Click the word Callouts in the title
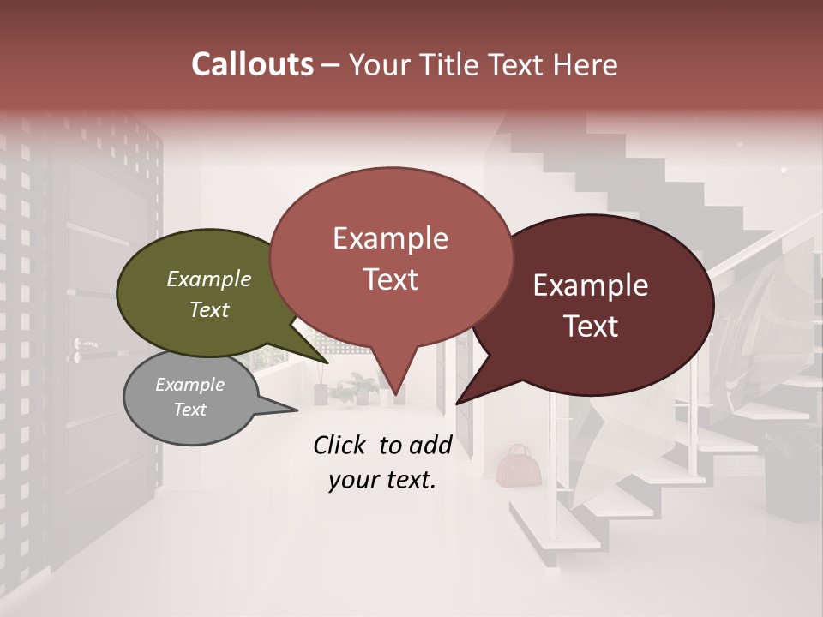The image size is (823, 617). click(252, 64)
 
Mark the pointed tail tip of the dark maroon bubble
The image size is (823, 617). click(457, 403)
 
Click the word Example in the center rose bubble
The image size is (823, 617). click(390, 238)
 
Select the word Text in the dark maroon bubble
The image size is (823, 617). click(592, 326)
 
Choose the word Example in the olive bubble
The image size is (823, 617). click(208, 279)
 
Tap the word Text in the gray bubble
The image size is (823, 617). click(189, 410)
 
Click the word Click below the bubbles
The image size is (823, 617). click(340, 445)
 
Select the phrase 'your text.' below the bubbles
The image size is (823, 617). click(381, 480)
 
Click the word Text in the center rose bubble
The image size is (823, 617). click(391, 279)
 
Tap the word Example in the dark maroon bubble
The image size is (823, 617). click(591, 285)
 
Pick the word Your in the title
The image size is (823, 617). click(381, 64)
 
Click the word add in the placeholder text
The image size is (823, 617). click(431, 445)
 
